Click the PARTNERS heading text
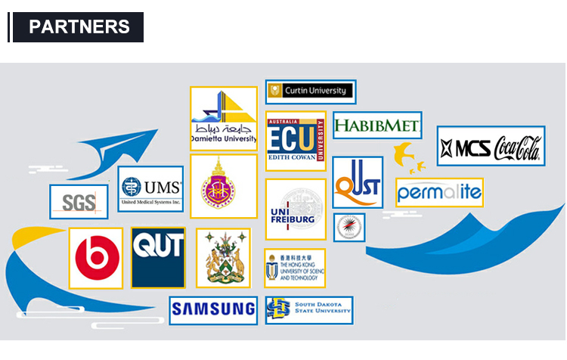pyautogui.click(x=79, y=26)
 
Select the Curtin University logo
pyautogui.click(x=311, y=92)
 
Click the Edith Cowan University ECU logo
pyautogui.click(x=296, y=141)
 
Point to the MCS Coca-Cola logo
pyautogui.click(x=491, y=146)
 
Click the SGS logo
pyautogui.click(x=79, y=202)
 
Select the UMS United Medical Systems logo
pyautogui.click(x=150, y=189)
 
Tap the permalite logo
pyautogui.click(x=439, y=192)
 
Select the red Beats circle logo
pyautogui.click(x=96, y=258)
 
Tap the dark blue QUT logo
pyautogui.click(x=158, y=257)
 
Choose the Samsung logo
pyautogui.click(x=213, y=309)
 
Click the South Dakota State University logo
pyautogui.click(x=309, y=309)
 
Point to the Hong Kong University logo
pyautogui.click(x=295, y=268)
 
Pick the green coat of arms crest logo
pyautogui.click(x=223, y=258)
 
